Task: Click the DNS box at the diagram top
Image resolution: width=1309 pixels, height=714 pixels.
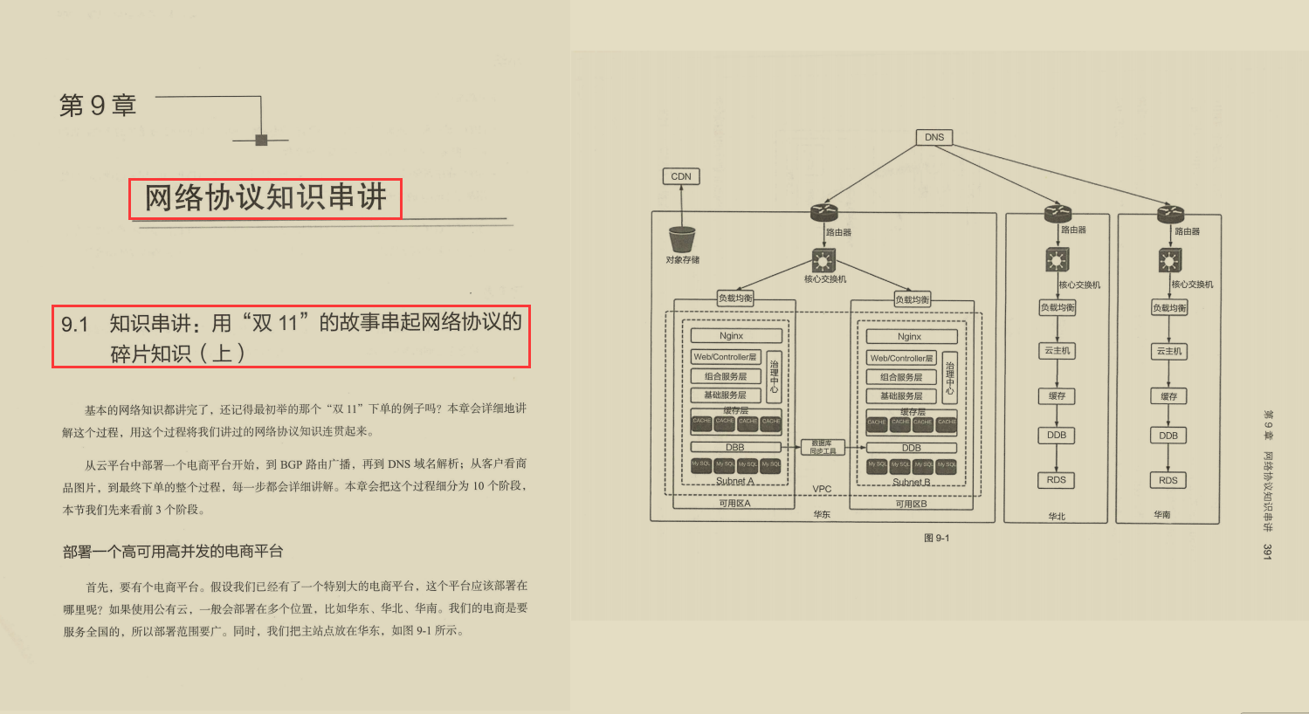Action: click(x=934, y=137)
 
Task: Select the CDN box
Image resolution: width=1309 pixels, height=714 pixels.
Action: click(x=681, y=176)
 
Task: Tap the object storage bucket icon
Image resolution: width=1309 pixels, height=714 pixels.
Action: click(x=682, y=239)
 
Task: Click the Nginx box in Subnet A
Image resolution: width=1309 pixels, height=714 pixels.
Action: click(x=731, y=336)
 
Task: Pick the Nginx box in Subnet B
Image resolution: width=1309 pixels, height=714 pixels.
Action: click(x=909, y=337)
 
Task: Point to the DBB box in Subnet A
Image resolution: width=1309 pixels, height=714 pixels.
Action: click(x=734, y=447)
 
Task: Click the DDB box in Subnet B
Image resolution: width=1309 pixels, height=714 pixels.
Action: click(x=911, y=448)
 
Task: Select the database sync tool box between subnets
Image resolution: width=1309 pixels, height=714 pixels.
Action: click(x=823, y=447)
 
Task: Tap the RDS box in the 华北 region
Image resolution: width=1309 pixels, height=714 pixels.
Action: click(x=1057, y=479)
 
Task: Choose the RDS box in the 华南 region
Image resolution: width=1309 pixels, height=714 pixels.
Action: click(x=1168, y=480)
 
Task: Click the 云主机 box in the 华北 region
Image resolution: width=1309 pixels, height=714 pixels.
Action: click(x=1057, y=351)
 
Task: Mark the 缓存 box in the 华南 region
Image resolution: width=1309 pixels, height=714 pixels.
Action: click(x=1168, y=396)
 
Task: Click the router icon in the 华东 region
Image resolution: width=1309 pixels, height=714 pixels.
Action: click(x=823, y=212)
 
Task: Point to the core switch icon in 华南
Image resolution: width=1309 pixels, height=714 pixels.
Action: click(x=1169, y=260)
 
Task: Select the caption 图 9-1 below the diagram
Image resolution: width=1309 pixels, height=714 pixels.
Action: click(x=936, y=538)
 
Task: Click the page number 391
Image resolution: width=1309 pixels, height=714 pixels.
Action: click(x=1267, y=552)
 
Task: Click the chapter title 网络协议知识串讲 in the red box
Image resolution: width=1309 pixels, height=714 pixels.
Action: click(x=265, y=198)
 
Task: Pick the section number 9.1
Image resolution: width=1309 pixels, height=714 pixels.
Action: click(x=75, y=325)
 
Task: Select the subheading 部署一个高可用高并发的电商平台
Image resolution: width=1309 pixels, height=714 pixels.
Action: click(x=173, y=552)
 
